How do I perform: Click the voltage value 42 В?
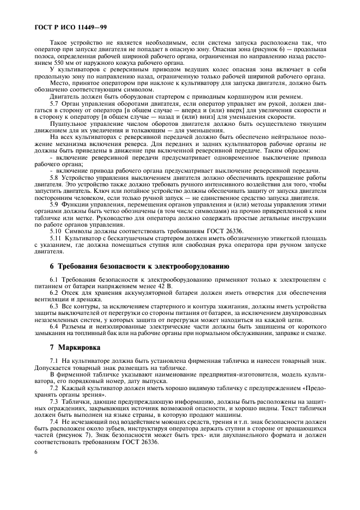point(164,286)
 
